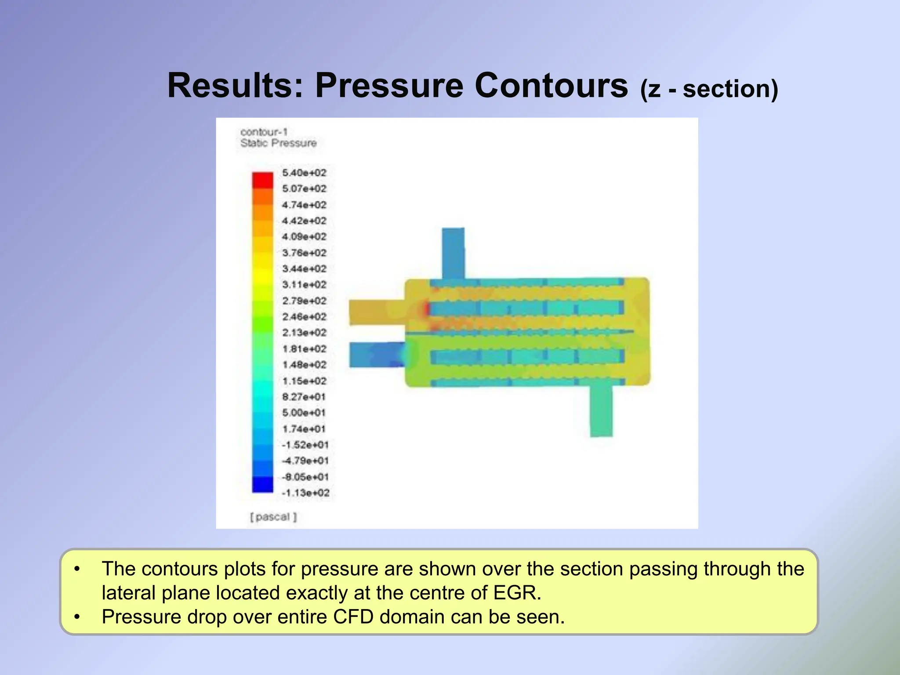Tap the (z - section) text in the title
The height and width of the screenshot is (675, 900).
709,89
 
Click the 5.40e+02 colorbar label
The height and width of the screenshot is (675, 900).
304,173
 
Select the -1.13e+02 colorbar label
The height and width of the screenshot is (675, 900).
305,493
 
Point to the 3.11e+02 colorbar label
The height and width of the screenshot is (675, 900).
304,285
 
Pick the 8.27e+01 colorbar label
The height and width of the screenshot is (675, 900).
304,397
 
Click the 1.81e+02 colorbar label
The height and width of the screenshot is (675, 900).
304,349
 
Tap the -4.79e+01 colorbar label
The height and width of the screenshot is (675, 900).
305,461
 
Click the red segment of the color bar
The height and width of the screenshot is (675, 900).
262,180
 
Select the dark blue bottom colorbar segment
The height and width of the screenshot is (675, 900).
262,484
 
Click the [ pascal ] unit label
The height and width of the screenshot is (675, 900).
273,517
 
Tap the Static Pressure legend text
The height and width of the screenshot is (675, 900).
278,143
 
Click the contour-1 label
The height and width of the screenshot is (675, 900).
264,132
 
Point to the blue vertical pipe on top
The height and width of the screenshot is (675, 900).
453,253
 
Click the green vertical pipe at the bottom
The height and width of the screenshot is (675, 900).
601,411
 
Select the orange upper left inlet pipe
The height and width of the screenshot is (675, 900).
376,312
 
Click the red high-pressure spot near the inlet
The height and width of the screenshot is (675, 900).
426,309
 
